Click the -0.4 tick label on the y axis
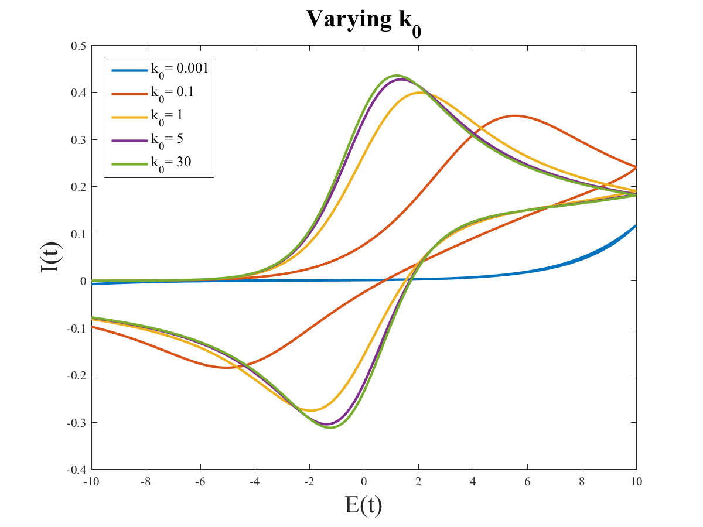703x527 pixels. [x=77, y=470]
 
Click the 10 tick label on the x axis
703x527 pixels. [x=636, y=482]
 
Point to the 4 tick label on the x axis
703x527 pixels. [x=473, y=482]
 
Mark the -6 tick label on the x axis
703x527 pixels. [x=200, y=482]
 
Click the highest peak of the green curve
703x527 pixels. [x=396, y=76]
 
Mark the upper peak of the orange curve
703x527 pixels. [x=515, y=115]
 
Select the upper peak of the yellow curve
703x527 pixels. [x=418, y=93]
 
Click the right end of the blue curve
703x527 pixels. [x=636, y=225]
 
